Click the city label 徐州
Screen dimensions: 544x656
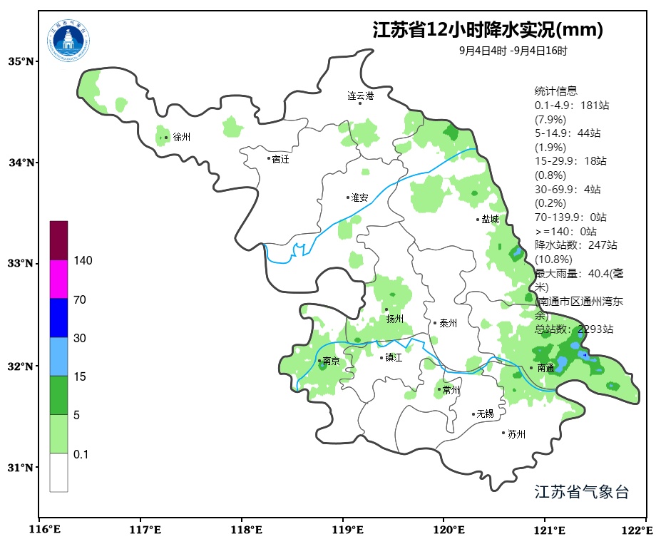point(181,138)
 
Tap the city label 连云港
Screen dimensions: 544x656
point(360,95)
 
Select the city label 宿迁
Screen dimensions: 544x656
point(280,159)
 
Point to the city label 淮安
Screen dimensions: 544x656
point(359,197)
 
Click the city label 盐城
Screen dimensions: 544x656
point(490,220)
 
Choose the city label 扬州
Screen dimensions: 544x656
point(394,319)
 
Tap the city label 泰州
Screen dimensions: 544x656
point(448,323)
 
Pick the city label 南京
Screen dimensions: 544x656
point(331,361)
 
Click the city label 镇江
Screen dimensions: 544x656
point(394,358)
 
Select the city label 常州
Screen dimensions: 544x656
point(451,390)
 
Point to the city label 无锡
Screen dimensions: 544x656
point(485,414)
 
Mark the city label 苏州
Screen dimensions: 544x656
point(516,433)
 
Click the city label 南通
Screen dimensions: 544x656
point(545,369)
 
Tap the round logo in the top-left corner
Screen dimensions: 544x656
point(69,40)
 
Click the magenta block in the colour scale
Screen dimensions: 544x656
point(58,279)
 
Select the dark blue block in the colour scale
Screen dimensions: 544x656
point(58,317)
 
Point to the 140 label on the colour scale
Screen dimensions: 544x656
point(83,261)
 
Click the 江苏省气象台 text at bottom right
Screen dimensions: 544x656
point(581,492)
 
